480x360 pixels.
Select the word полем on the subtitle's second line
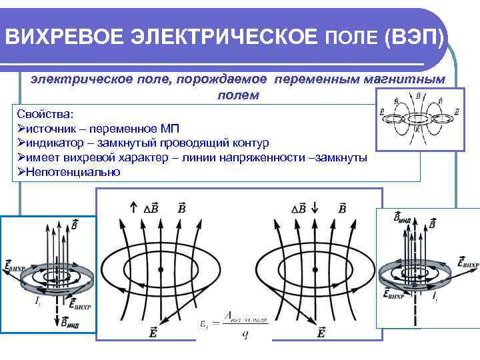pyautogui.click(x=238, y=95)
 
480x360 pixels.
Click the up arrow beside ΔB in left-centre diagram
pyautogui.click(x=135, y=207)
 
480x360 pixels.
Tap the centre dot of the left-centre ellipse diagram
pyautogui.click(x=161, y=269)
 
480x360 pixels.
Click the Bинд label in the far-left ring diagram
pyautogui.click(x=69, y=324)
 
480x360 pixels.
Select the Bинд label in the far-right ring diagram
pyautogui.click(x=403, y=218)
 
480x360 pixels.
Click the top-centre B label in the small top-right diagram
pyautogui.click(x=417, y=97)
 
